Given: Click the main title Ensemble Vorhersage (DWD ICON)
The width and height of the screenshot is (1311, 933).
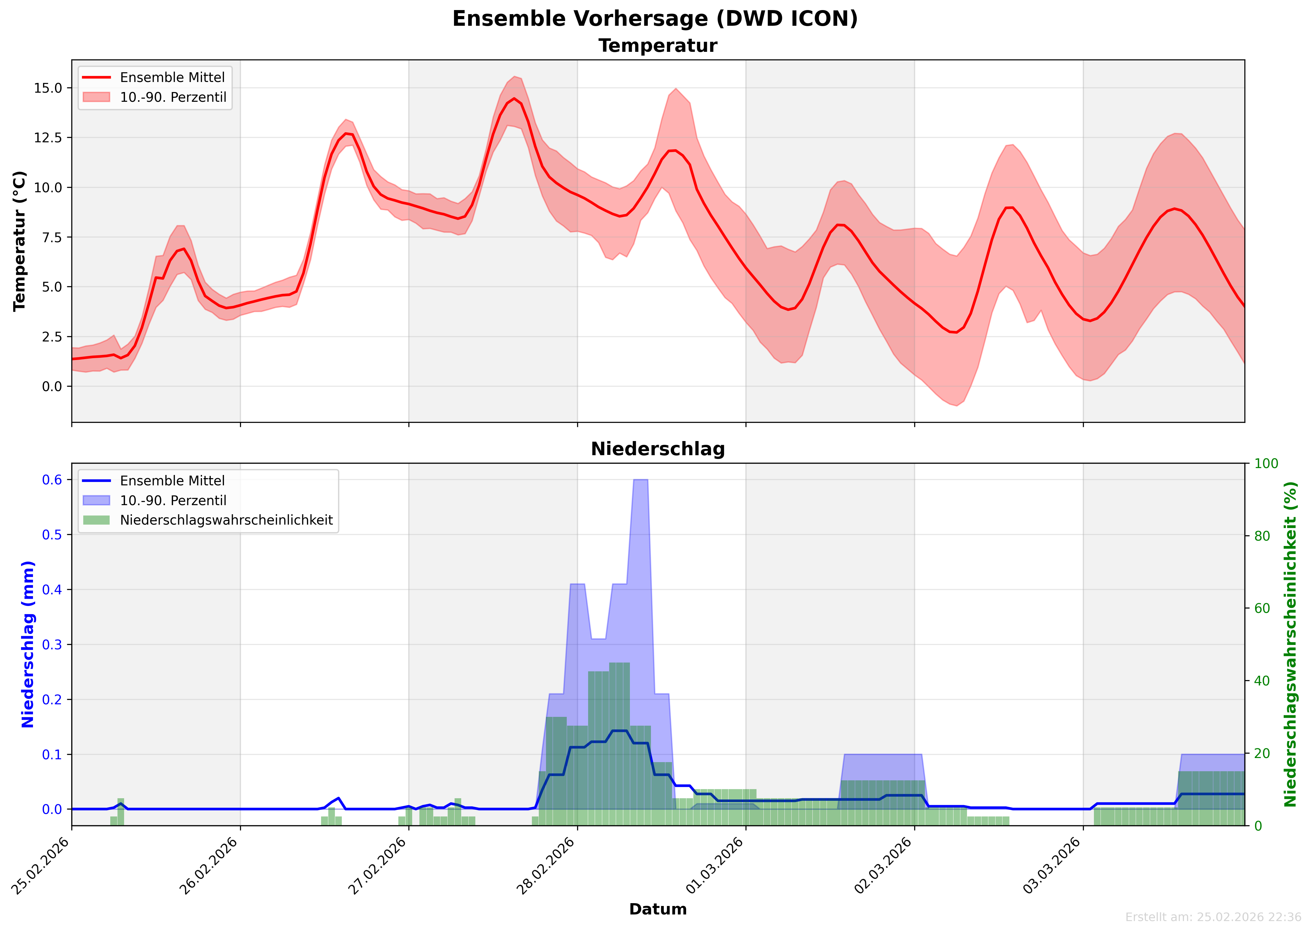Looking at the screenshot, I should pyautogui.click(x=655, y=19).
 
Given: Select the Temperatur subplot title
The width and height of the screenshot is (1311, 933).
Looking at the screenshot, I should pyautogui.click(x=658, y=46).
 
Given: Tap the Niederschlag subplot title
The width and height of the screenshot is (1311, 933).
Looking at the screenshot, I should pyautogui.click(x=658, y=449).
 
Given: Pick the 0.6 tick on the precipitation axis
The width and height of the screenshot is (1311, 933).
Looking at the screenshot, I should pyautogui.click(x=52, y=480).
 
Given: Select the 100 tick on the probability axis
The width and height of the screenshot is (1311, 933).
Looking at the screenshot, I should pyautogui.click(x=1266, y=464).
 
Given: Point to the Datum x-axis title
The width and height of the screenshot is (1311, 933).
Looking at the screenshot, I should pyautogui.click(x=658, y=909).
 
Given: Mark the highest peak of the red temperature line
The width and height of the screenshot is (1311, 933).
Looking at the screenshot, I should pyautogui.click(x=514, y=98).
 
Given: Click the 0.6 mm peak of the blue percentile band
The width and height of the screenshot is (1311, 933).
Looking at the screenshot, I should pyautogui.click(x=640, y=480).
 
